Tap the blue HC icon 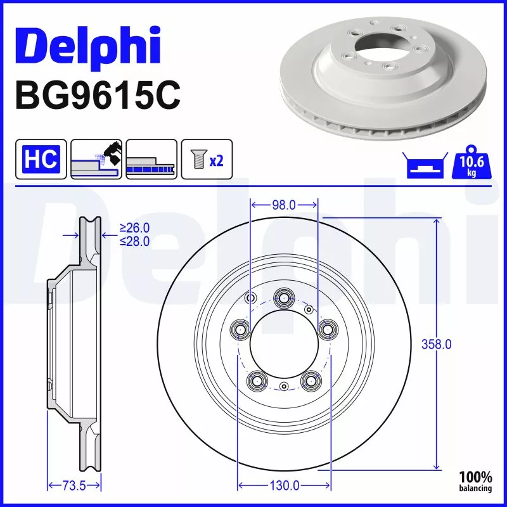[41, 159]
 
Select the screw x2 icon [207, 159]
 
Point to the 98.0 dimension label [283, 205]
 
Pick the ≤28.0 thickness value [134, 241]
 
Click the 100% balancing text [476, 482]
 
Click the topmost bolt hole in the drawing [283, 297]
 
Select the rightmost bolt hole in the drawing [327, 329]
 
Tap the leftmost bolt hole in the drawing [240, 329]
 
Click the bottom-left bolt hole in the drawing [257, 380]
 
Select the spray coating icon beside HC [96, 159]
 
